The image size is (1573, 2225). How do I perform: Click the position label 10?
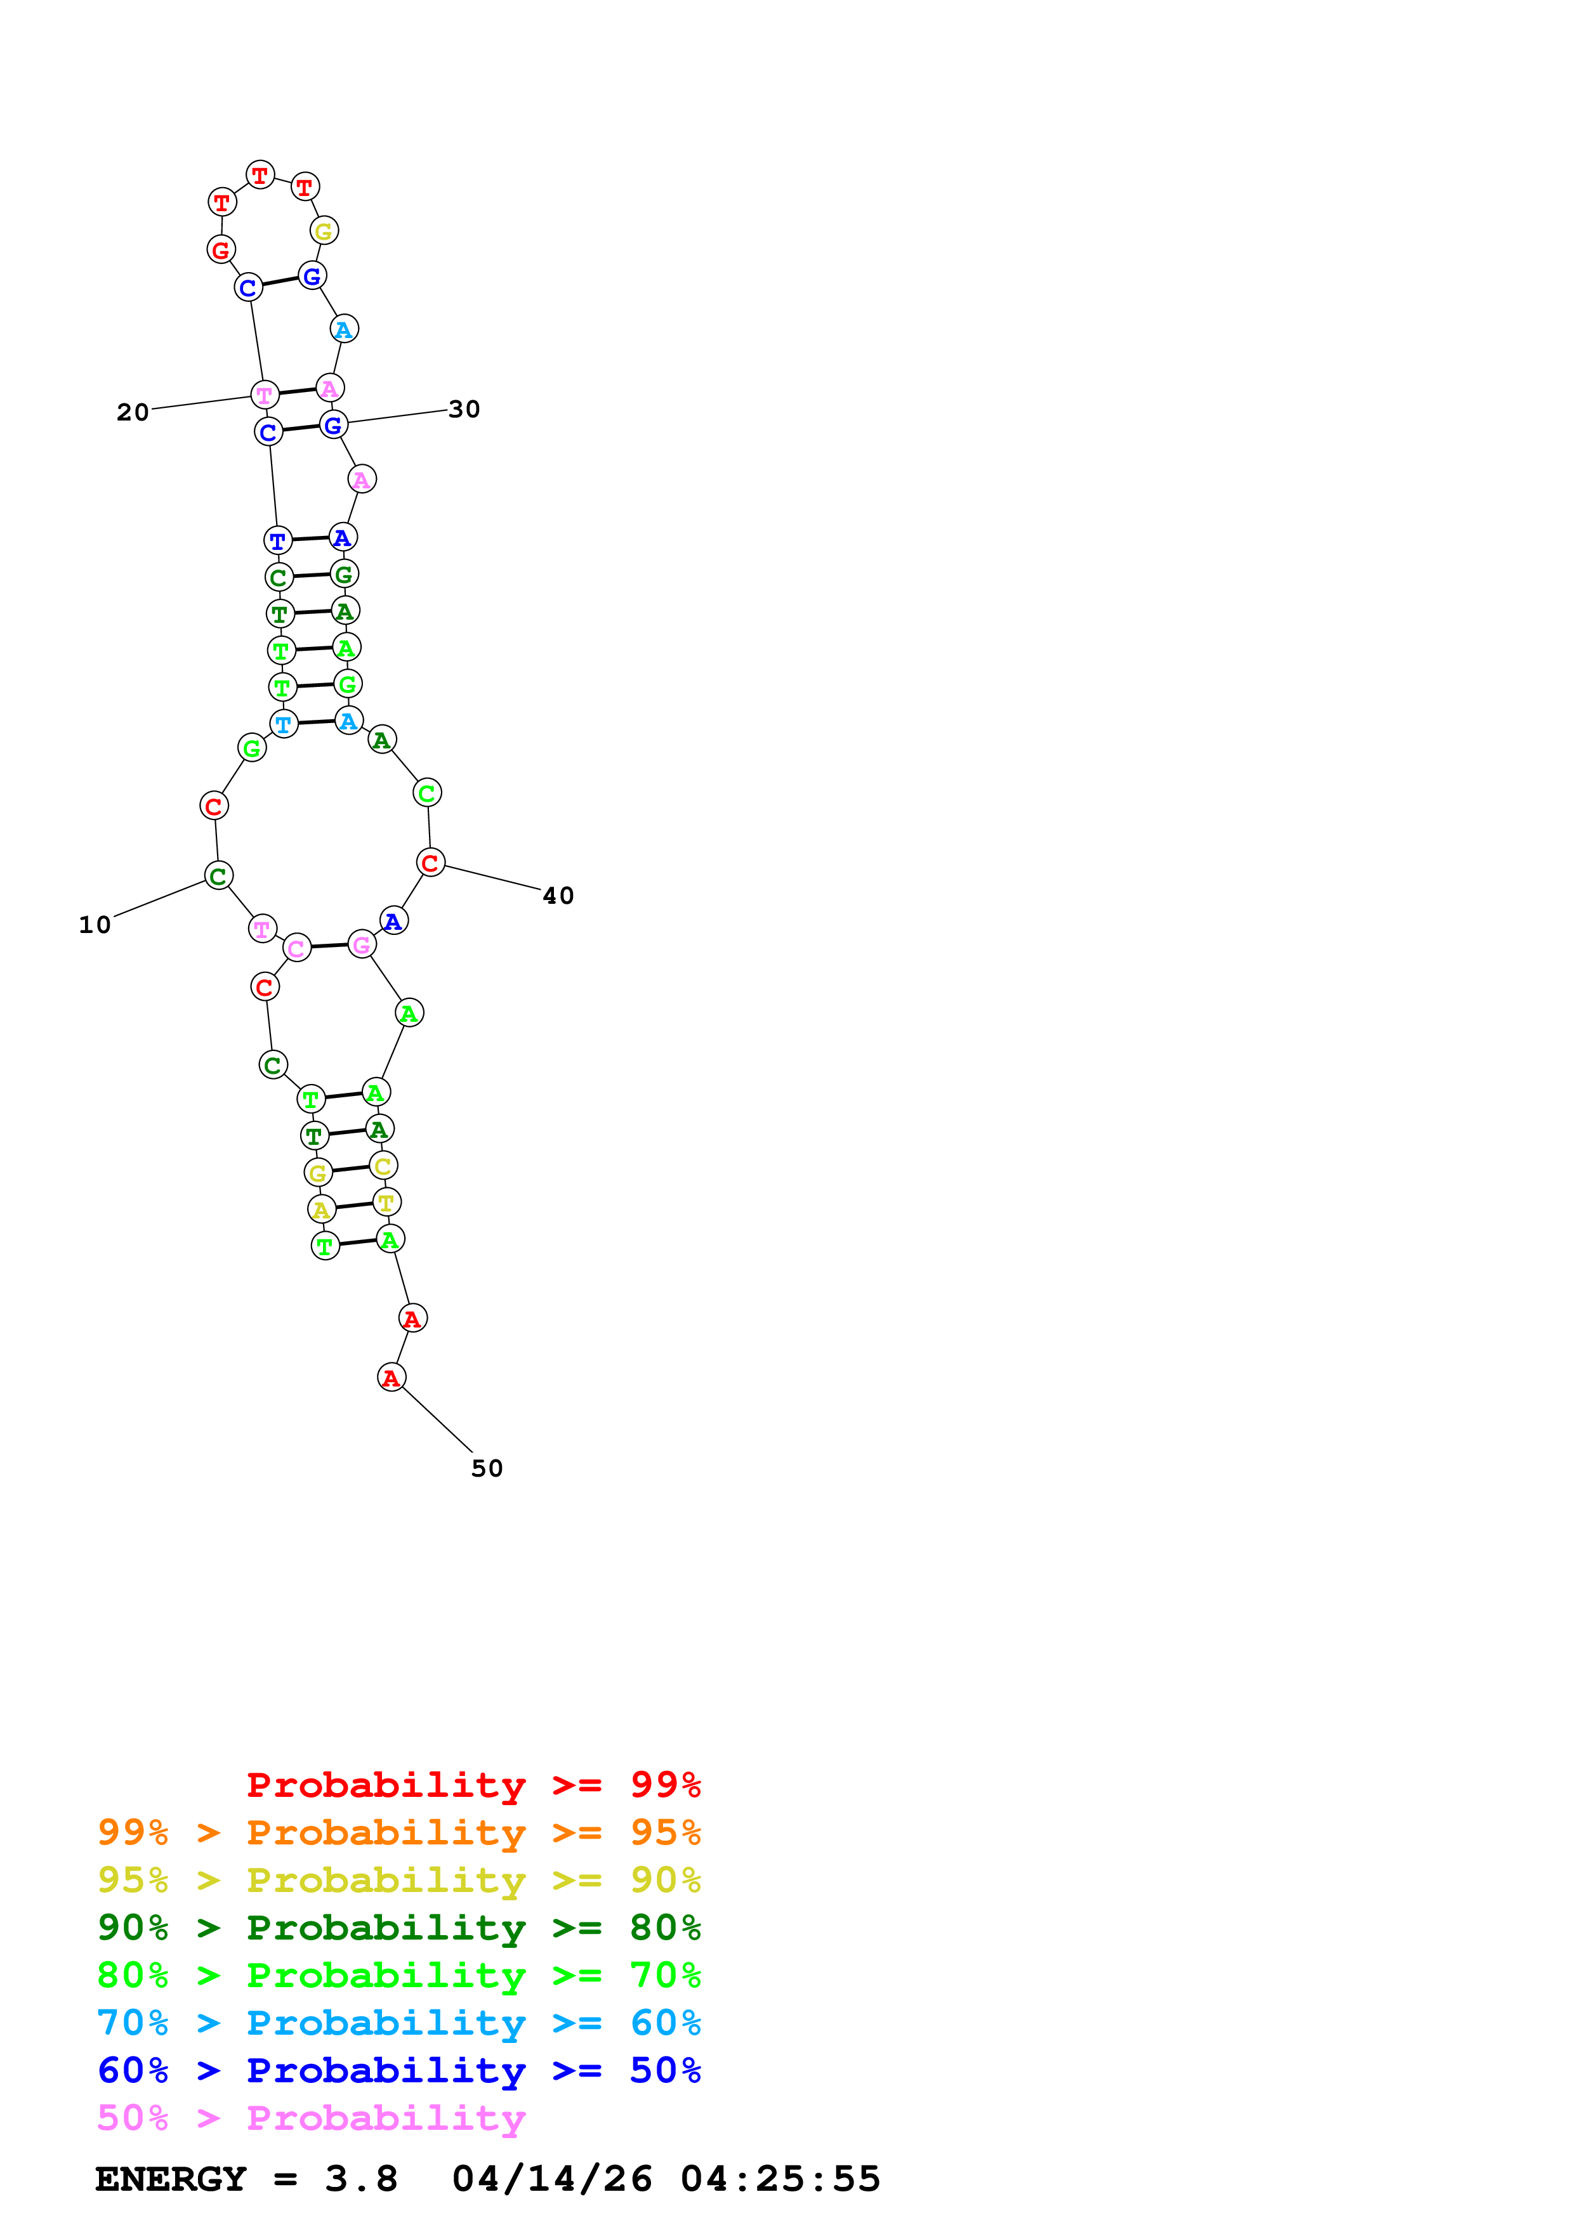click(x=95, y=925)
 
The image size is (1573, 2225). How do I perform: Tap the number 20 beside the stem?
click(x=133, y=413)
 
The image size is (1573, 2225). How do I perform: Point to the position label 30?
click(x=464, y=410)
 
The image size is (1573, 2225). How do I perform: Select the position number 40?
click(x=558, y=896)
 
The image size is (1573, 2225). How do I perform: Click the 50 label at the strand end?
click(x=487, y=1469)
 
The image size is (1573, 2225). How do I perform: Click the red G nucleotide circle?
click(x=221, y=250)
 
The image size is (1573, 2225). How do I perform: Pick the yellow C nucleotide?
click(x=383, y=1167)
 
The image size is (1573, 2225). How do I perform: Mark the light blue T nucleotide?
click(x=283, y=724)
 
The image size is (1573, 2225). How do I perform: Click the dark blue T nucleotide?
click(x=278, y=541)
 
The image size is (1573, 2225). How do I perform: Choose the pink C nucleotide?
click(x=296, y=949)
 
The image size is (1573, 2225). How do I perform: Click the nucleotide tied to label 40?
click(x=430, y=863)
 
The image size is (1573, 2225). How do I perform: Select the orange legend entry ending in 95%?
click(x=398, y=1832)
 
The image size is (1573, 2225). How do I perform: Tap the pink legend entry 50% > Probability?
click(x=311, y=2118)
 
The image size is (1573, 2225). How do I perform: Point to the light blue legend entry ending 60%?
click(x=398, y=2023)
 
